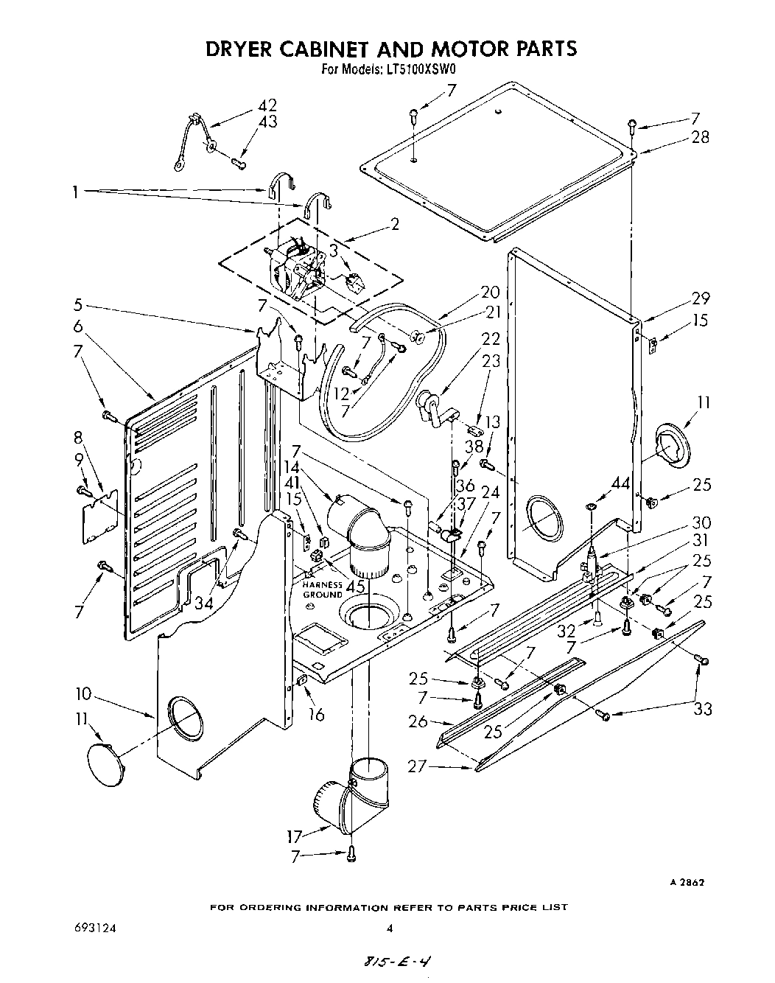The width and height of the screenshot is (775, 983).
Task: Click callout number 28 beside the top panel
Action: click(x=701, y=137)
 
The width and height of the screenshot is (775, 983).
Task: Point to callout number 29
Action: click(x=701, y=298)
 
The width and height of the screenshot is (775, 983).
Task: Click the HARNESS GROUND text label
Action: click(x=322, y=590)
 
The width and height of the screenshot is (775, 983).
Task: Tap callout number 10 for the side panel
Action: click(x=83, y=693)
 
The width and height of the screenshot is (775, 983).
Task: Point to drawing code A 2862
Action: click(x=688, y=883)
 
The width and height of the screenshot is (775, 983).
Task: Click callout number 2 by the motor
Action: click(x=395, y=224)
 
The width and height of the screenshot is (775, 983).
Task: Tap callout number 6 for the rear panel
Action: click(x=77, y=326)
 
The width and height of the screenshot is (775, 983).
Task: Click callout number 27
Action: click(x=417, y=766)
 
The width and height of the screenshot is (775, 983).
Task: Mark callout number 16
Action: click(x=316, y=714)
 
